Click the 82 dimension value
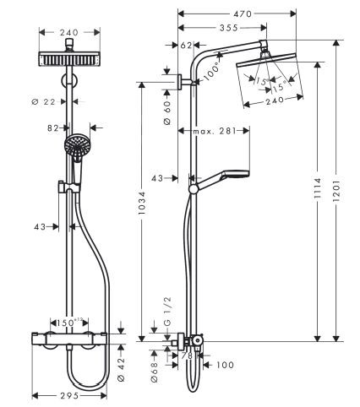tap(53, 128)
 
